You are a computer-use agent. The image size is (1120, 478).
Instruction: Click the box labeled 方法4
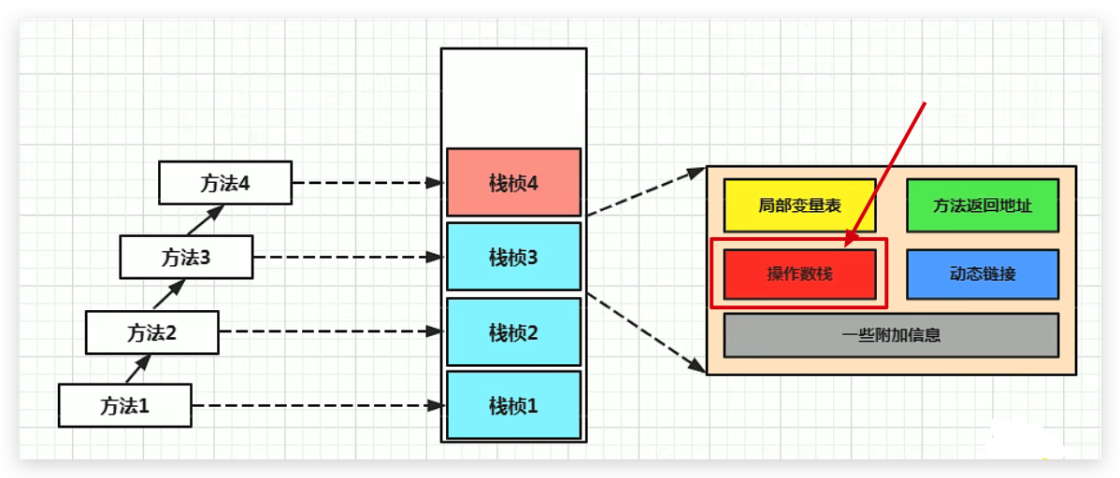pyautogui.click(x=225, y=183)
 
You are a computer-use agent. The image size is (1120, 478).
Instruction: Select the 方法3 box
pyautogui.click(x=186, y=257)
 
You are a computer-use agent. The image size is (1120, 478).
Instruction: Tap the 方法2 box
pyautogui.click(x=151, y=331)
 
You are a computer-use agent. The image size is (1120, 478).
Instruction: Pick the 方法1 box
pyautogui.click(x=125, y=406)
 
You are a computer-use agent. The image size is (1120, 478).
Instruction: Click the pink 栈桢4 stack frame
pyautogui.click(x=513, y=182)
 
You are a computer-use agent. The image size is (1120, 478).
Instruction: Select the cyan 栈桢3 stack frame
pyautogui.click(x=513, y=257)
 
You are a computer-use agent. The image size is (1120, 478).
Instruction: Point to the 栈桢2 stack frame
pyautogui.click(x=513, y=331)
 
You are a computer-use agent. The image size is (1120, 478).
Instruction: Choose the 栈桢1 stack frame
pyautogui.click(x=513, y=405)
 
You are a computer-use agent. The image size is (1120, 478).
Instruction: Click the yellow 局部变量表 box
pyautogui.click(x=799, y=205)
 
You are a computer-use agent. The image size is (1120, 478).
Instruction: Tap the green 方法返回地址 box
pyautogui.click(x=983, y=205)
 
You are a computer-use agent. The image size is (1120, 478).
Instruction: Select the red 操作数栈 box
pyautogui.click(x=799, y=274)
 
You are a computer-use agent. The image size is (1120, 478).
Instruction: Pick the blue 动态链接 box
pyautogui.click(x=983, y=274)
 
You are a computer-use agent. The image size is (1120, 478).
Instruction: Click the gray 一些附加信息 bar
pyautogui.click(x=891, y=335)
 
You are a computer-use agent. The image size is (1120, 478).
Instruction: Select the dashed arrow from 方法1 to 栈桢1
pyautogui.click(x=318, y=406)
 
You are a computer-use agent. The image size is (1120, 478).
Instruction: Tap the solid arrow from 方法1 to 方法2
pyautogui.click(x=136, y=369)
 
